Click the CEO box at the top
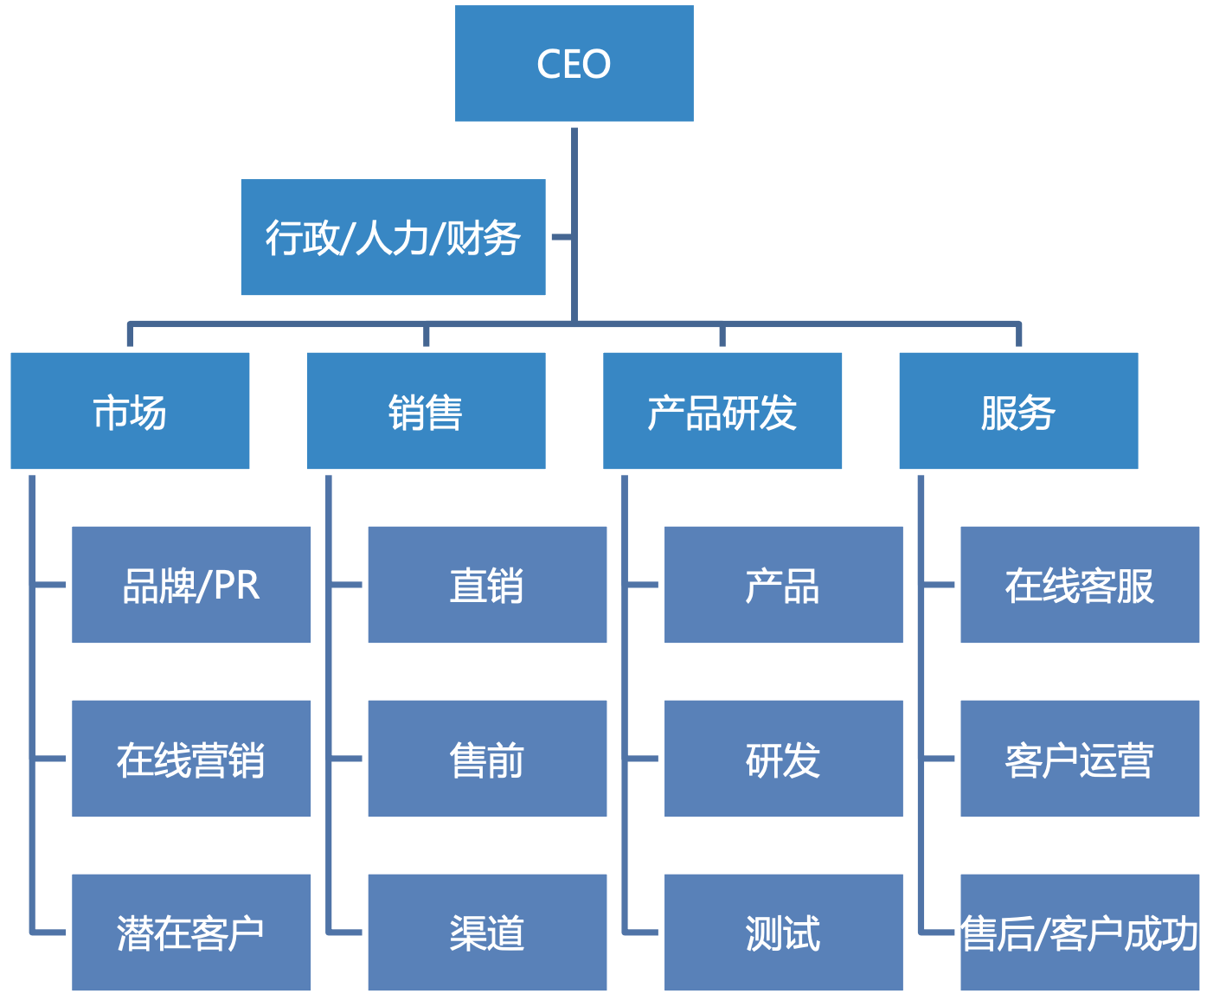[574, 63]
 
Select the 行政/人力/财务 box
[393, 237]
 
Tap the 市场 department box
[130, 411]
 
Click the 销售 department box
[426, 411]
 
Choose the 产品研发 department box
[722, 411]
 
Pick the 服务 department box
[1018, 411]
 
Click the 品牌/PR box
[190, 585]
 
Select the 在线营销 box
[190, 759]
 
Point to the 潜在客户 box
[190, 933]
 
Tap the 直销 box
[487, 585]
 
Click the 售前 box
[487, 759]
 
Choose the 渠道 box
[487, 933]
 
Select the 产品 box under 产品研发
[783, 585]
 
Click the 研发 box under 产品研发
[783, 759]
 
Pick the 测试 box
[783, 933]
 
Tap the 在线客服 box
[1080, 585]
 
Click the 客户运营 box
[1080, 759]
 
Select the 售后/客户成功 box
[1080, 933]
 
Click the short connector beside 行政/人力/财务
[561, 236]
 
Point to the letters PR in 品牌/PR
[236, 586]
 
